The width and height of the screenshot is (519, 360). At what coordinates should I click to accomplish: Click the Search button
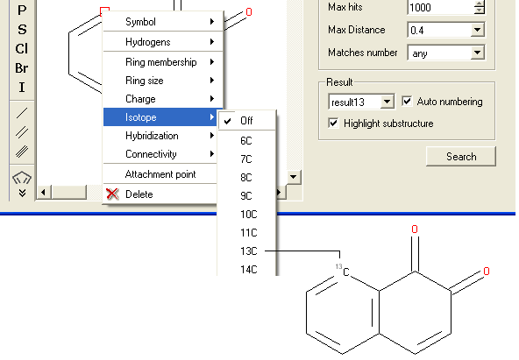click(x=461, y=157)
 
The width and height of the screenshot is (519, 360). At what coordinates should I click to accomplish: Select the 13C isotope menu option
click(x=249, y=251)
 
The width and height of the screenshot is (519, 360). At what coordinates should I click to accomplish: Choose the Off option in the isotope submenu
click(x=246, y=121)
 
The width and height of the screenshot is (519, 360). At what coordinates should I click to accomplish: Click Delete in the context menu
click(x=139, y=194)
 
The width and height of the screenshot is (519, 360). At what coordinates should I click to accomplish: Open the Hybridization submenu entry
click(x=152, y=136)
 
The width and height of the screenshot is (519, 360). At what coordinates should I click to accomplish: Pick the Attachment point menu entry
click(x=160, y=174)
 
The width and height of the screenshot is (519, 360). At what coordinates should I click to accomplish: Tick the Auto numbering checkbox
click(x=407, y=101)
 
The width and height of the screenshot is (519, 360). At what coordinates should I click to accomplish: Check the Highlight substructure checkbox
click(x=333, y=124)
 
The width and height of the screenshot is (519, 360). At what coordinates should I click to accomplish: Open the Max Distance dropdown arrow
click(x=477, y=30)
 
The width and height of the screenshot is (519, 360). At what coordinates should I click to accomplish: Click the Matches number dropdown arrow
click(x=477, y=53)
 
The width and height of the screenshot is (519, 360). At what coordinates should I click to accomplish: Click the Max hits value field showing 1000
click(x=440, y=7)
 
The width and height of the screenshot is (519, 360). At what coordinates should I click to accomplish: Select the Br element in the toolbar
click(x=22, y=68)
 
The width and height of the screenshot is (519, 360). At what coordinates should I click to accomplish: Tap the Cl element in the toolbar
click(x=22, y=49)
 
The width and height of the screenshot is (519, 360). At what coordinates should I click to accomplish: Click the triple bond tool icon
click(x=22, y=152)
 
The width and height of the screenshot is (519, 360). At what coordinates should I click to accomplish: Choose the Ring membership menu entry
click(x=160, y=62)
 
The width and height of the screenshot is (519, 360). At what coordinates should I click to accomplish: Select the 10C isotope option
click(x=249, y=215)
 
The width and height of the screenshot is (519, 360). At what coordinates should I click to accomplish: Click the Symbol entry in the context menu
click(x=140, y=22)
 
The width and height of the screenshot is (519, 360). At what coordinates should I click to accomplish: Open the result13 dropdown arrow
click(x=387, y=102)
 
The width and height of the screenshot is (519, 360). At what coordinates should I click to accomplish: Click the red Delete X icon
click(x=112, y=194)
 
